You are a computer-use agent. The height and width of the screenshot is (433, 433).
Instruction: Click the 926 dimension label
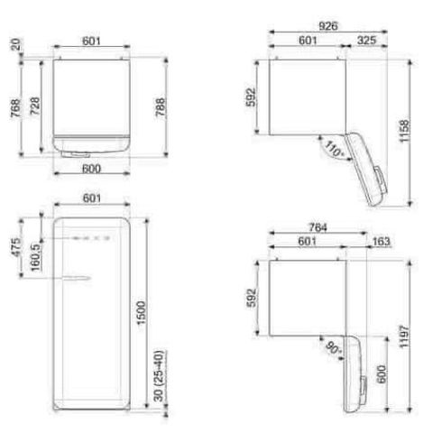click(328, 26)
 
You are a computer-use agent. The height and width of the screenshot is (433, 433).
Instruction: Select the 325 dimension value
click(366, 41)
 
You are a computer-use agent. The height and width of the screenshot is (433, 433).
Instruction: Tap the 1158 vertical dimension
click(404, 131)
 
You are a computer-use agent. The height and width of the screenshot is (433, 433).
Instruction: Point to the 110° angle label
click(334, 149)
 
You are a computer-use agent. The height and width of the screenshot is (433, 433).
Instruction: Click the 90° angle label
click(334, 348)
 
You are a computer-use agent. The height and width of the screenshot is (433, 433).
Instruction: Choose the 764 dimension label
click(318, 227)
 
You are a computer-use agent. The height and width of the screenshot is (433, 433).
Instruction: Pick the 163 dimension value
click(381, 241)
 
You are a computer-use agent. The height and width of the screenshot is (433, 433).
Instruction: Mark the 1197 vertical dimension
click(404, 336)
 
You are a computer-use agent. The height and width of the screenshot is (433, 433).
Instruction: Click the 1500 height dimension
click(141, 313)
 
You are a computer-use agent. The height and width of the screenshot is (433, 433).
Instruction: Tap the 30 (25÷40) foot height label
click(159, 376)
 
